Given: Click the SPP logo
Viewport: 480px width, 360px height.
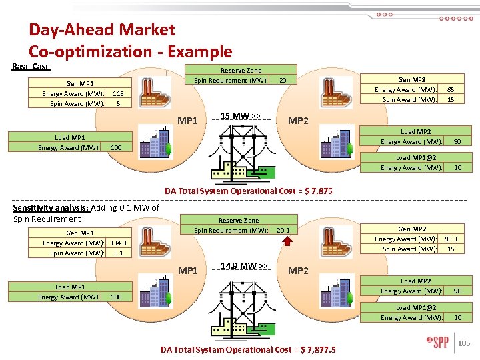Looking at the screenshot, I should (438, 343).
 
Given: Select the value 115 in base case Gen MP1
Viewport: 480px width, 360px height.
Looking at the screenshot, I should (119, 94).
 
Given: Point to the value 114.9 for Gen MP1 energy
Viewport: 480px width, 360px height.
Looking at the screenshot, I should (118, 243).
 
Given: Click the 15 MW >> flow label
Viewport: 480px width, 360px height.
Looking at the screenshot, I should (240, 116).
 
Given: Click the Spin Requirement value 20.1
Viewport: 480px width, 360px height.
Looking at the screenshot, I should (283, 230).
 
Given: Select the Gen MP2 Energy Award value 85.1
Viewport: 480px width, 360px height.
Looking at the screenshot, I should (451, 239).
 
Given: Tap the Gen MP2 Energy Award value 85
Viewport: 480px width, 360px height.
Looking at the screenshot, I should (451, 89).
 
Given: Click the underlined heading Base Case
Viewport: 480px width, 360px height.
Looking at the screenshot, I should (31, 67).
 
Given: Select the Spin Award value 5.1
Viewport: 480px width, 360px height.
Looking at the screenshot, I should (118, 253).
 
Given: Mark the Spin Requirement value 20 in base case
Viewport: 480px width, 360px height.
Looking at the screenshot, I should (283, 81).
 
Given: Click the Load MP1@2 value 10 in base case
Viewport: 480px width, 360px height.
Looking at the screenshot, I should (457, 168).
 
